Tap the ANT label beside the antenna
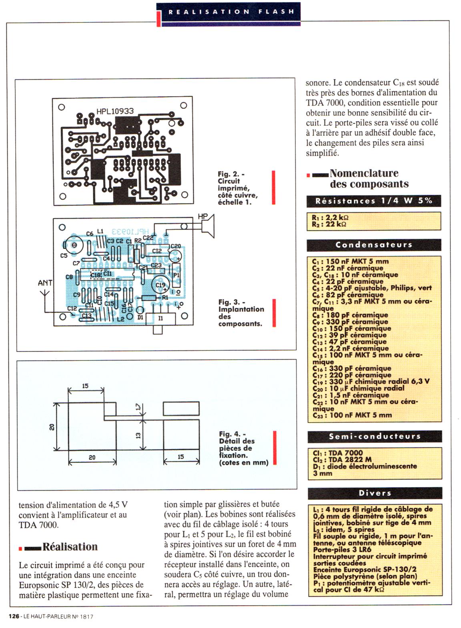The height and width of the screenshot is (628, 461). click(45, 283)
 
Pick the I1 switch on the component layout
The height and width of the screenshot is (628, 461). click(160, 318)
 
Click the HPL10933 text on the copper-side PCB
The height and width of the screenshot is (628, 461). click(115, 111)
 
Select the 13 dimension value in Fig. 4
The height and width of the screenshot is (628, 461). click(138, 435)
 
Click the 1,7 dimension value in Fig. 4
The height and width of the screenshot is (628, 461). click(138, 407)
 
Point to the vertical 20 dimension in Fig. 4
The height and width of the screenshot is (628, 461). click(52, 427)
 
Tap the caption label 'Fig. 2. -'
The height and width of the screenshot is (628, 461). click(231, 174)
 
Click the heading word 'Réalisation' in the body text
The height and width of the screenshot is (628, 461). click(70, 547)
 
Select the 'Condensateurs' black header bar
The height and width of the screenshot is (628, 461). click(374, 245)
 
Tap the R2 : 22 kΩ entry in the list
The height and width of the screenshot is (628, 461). click(329, 224)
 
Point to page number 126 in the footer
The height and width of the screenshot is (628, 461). click(14, 617)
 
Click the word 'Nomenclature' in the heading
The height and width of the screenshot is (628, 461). click(364, 173)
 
